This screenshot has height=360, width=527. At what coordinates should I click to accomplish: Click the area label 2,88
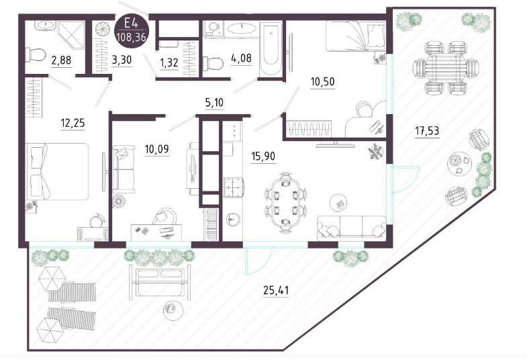[61, 60]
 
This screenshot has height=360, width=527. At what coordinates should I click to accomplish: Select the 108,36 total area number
[132, 37]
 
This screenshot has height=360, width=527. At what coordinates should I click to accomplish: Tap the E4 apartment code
[131, 24]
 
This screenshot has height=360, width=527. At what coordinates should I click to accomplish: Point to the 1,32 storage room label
[169, 62]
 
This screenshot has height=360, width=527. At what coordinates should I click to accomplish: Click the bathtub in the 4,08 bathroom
[271, 49]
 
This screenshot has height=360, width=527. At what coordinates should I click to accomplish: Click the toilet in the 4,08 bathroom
[213, 63]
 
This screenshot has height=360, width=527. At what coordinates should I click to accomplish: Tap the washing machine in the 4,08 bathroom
[213, 28]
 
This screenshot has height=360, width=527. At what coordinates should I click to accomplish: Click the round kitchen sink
[232, 220]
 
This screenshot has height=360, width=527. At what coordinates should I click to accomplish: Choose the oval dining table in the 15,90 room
[286, 202]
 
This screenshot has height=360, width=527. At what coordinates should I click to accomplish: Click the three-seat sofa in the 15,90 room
[351, 228]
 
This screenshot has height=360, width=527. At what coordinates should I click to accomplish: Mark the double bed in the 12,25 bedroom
[57, 171]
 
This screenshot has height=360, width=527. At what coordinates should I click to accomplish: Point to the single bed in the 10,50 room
[355, 36]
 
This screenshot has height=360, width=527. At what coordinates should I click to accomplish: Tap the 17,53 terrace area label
[427, 130]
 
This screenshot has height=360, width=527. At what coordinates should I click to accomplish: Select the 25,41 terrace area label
[276, 289]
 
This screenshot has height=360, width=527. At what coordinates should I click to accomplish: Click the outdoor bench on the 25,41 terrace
[160, 281]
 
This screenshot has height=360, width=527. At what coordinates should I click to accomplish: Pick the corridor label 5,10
[214, 102]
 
